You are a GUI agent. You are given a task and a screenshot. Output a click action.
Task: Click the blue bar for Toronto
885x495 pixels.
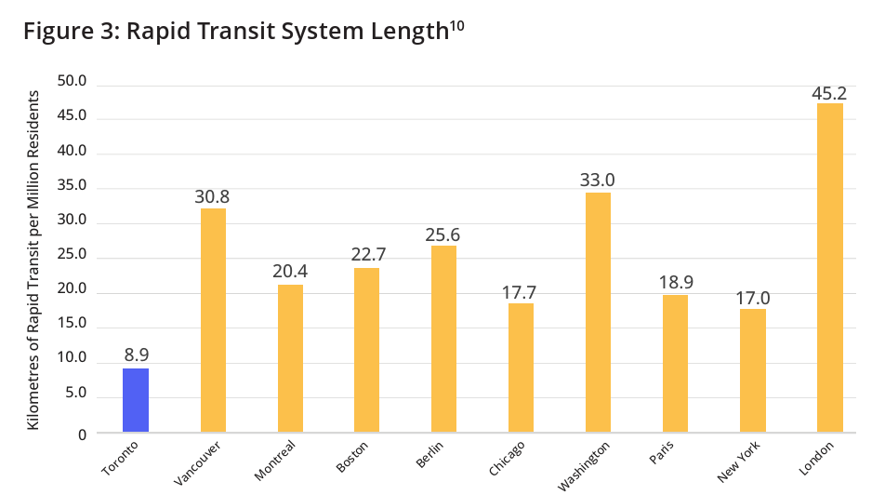coord(136,400)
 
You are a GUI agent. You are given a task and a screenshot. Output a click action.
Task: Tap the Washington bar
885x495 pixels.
coord(598,313)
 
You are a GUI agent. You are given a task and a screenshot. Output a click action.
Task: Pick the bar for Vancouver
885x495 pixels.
coord(213,320)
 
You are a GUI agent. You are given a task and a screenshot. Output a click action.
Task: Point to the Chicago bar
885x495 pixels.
coord(521,368)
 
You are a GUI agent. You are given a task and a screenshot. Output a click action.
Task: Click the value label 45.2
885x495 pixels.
coord(830,93)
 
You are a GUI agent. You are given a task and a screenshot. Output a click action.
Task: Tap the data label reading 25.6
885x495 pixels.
coord(444,234)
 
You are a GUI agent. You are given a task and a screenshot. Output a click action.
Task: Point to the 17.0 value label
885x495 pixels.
coord(753,298)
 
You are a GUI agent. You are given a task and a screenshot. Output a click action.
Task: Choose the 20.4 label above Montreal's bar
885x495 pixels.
coord(290,274)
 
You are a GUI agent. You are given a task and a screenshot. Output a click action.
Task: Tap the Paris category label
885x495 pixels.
coord(662,456)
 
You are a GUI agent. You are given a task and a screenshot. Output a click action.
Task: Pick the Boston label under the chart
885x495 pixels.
coord(352,459)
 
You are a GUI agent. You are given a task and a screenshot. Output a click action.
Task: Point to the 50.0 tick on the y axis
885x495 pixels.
coord(72,82)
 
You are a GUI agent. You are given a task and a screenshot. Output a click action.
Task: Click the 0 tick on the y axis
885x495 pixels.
coord(82,435)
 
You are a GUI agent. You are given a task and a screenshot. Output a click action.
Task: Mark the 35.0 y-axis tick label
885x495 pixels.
coord(72,186)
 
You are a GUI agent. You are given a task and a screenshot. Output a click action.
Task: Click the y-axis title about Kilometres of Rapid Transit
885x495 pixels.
coord(33,260)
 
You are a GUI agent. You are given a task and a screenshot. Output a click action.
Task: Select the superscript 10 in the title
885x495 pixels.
coord(456,26)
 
